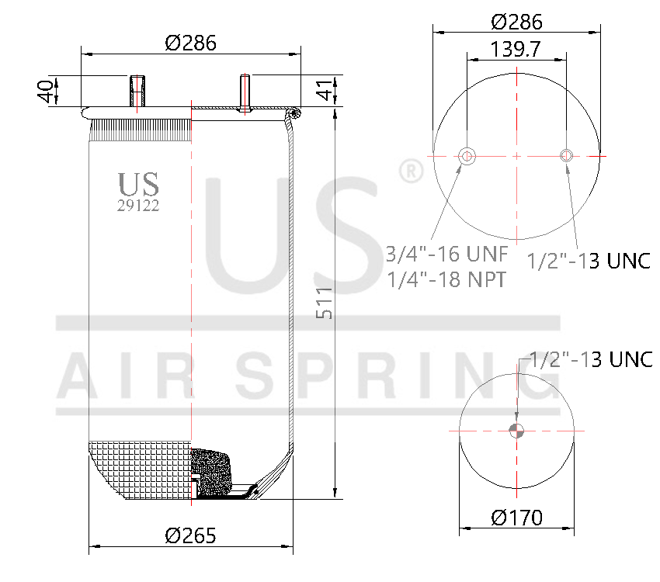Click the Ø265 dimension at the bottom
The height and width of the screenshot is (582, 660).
pyautogui.click(x=190, y=535)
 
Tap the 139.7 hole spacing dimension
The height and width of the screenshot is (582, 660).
pyautogui.click(x=516, y=50)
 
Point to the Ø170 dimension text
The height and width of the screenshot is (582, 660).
pyautogui.click(x=516, y=517)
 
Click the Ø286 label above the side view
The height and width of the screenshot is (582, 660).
pyautogui.click(x=190, y=43)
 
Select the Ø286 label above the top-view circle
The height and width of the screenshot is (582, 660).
pyautogui.click(x=516, y=22)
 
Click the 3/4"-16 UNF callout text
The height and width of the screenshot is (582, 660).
pyautogui.click(x=446, y=254)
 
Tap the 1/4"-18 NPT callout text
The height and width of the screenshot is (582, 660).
pyautogui.click(x=446, y=279)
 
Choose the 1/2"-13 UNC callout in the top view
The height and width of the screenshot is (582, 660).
pyautogui.click(x=589, y=261)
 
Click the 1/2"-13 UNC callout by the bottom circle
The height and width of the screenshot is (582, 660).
pyautogui.click(x=588, y=360)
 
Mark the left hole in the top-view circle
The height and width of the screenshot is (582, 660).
pyautogui.click(x=467, y=156)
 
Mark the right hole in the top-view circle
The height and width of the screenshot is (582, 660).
pyautogui.click(x=566, y=156)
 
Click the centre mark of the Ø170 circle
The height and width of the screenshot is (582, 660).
pyautogui.click(x=516, y=431)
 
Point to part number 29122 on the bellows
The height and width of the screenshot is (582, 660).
pyautogui.click(x=138, y=206)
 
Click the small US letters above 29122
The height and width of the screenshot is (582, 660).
pyautogui.click(x=138, y=185)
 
